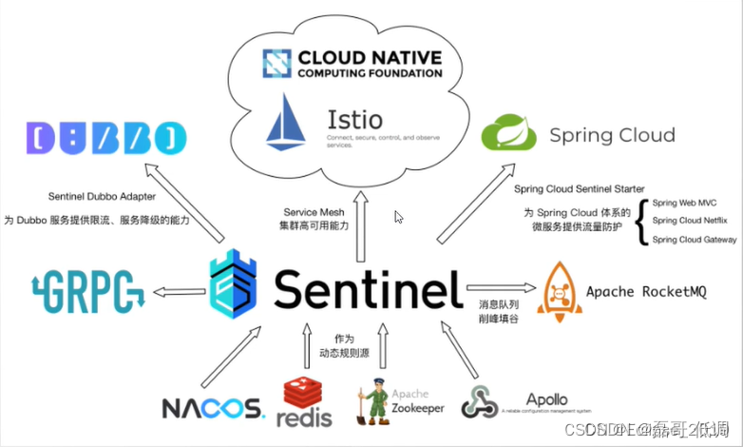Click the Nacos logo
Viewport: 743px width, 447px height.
tap(212, 408)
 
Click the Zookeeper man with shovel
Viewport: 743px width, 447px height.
tap(372, 399)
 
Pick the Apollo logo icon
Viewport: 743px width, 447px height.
tap(479, 401)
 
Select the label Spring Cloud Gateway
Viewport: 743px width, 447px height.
tap(695, 240)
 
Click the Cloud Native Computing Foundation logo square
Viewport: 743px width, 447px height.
tap(276, 63)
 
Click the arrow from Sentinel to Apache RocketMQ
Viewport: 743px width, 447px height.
tap(496, 285)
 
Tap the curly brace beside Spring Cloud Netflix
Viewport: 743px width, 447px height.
tap(641, 222)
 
